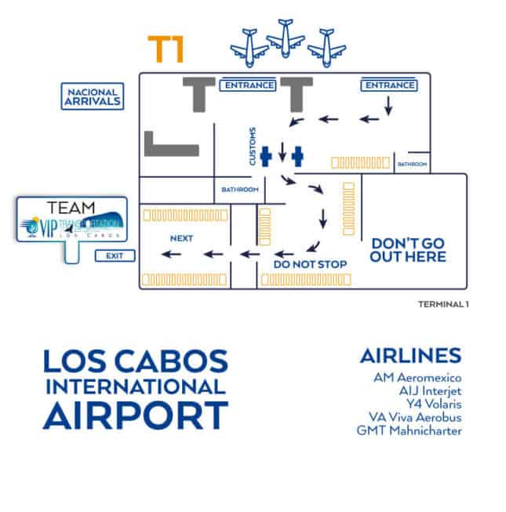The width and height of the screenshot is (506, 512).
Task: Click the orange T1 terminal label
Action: pyautogui.click(x=166, y=49)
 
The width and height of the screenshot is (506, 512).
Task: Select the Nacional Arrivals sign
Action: pyautogui.click(x=93, y=96)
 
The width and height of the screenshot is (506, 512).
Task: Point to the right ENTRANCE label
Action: pyautogui.click(x=388, y=85)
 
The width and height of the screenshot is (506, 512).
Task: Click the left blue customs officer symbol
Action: pyautogui.click(x=266, y=156)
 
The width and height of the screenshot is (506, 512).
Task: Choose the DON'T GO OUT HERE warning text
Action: pyautogui.click(x=408, y=250)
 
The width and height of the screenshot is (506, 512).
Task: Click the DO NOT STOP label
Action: pyautogui.click(x=310, y=264)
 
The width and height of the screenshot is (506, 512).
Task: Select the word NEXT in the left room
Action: pyautogui.click(x=181, y=238)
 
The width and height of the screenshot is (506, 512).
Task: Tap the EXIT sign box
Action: pyautogui.click(x=115, y=256)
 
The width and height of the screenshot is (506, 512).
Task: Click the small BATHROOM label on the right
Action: pyautogui.click(x=412, y=164)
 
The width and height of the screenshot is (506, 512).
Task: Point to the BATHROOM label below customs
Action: pyautogui.click(x=239, y=190)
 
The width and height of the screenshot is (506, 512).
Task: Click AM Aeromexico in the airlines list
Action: pyautogui.click(x=418, y=377)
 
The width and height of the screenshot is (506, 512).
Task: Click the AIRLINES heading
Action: pyautogui.click(x=410, y=355)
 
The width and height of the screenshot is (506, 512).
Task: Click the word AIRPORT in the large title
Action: pyautogui.click(x=135, y=415)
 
